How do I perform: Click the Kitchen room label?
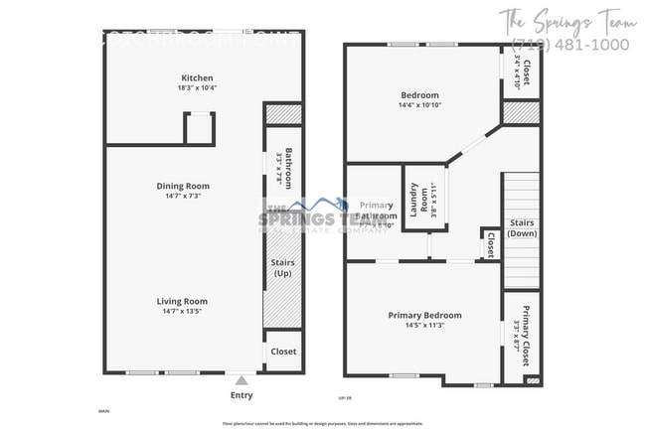197,78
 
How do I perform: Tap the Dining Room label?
183,186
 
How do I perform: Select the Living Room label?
182,301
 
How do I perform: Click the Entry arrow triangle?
241,379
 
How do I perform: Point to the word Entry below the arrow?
241,395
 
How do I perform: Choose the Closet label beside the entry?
283,352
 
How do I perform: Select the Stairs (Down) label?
522,227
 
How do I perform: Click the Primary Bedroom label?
424,316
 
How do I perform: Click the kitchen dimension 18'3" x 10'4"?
197,89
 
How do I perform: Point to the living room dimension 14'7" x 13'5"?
182,312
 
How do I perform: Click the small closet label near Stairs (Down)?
490,244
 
